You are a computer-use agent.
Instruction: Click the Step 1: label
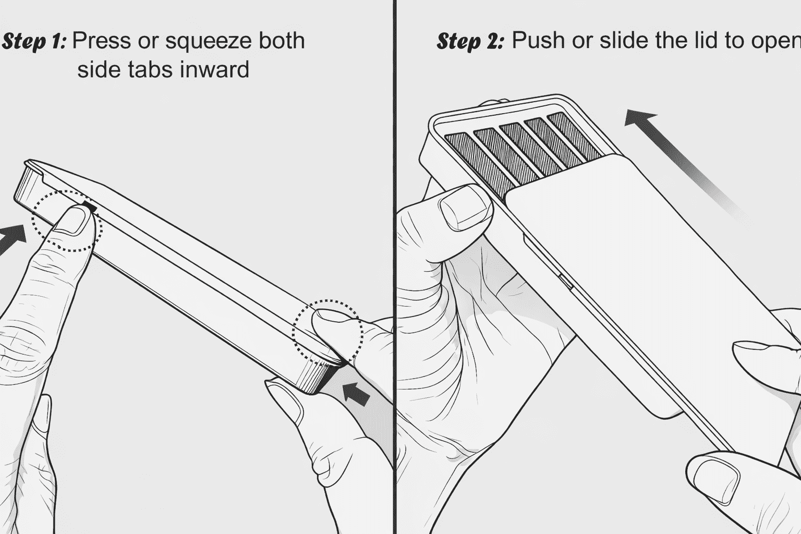[x=34, y=41]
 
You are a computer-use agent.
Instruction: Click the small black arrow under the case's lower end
[x=358, y=393]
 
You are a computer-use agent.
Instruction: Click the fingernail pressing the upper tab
[x=74, y=220]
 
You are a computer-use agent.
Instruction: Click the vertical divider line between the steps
[x=395, y=261]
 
